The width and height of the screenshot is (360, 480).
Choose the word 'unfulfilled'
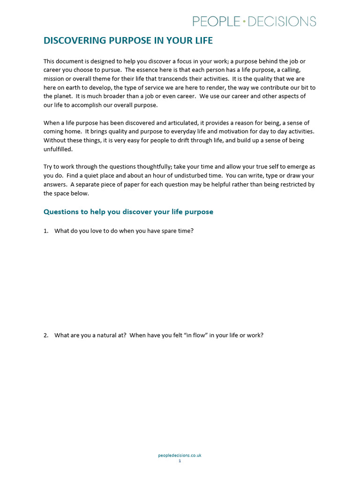(58, 149)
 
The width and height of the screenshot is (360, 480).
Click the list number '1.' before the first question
(46, 231)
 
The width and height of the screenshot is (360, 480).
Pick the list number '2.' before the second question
(46, 335)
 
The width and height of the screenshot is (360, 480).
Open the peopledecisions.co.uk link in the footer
(180, 455)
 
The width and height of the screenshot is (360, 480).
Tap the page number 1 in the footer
(180, 461)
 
